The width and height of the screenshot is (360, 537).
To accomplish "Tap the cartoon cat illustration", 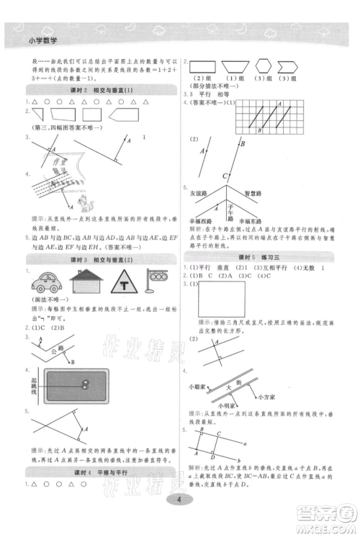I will tap(89, 201).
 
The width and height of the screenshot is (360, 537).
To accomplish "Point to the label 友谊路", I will tap(199, 194).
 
